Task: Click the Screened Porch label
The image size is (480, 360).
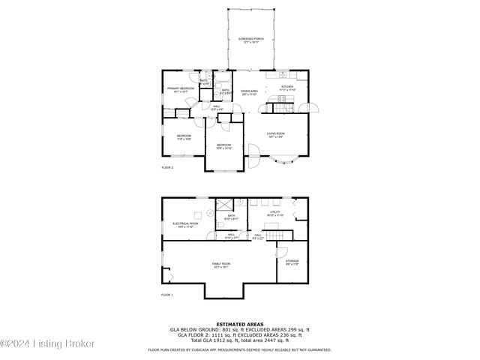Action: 250,39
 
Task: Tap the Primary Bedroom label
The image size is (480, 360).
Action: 181,89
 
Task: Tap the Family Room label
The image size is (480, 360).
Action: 221,265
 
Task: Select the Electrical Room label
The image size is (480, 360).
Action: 185,224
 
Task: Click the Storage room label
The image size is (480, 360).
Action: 292,262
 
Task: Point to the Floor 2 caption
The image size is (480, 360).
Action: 167,167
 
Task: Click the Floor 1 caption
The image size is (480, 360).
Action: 167,295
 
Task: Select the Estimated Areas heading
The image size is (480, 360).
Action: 239,322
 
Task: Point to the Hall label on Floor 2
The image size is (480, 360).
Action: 217,108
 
